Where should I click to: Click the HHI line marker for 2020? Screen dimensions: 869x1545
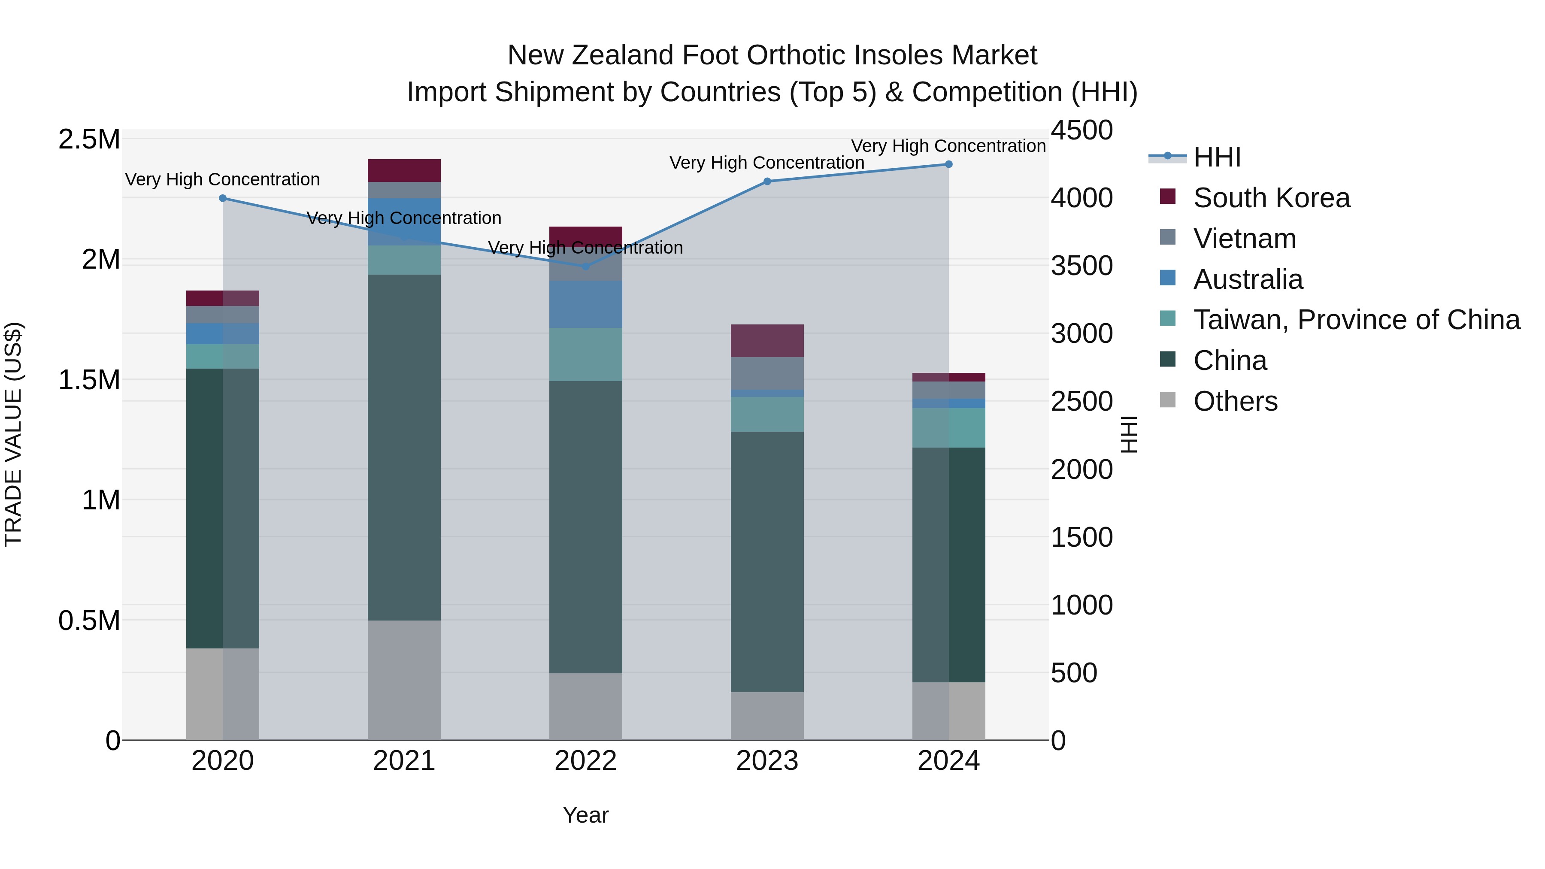222,198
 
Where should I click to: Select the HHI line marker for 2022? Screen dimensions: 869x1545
585,266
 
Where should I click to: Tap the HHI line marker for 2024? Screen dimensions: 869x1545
948,164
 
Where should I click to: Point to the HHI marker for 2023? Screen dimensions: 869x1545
767,181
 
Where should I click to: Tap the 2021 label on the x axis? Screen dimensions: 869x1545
404,761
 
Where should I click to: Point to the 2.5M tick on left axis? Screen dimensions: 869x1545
89,139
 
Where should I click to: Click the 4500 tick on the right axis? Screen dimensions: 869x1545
1081,130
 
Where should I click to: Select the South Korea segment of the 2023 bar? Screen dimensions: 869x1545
767,341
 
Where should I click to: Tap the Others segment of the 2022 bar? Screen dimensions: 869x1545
585,706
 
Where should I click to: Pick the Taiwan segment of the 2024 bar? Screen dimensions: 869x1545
948,427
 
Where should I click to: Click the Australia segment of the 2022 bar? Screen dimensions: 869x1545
585,304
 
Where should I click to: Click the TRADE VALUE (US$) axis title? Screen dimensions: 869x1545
13,434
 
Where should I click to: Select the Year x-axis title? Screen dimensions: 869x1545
585,815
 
